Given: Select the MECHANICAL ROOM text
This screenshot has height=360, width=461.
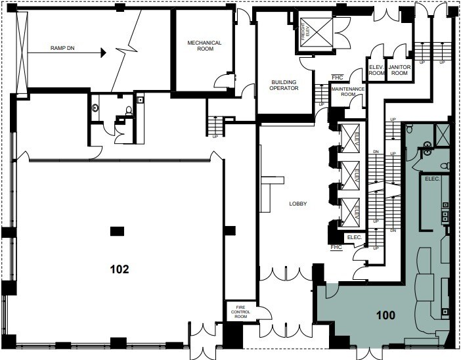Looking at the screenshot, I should click(204, 46).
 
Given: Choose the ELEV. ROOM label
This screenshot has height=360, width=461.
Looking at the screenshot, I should click(376, 70).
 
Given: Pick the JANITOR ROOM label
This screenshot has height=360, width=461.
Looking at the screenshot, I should click(399, 70).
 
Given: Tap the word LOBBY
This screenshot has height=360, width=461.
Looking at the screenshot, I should click(298, 204).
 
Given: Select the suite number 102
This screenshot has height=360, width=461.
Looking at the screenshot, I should click(120, 269).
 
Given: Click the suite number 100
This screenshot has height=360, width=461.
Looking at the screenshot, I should click(386, 315).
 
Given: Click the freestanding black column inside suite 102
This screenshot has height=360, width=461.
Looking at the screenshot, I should click(117, 230).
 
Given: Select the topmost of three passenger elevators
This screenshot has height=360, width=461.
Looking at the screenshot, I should click(348, 139).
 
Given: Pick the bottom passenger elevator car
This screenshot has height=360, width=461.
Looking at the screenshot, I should click(348, 213).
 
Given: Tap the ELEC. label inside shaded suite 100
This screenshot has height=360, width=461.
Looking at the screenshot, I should click(432, 179).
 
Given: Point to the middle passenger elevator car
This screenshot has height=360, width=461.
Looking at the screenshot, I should click(348, 176).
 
